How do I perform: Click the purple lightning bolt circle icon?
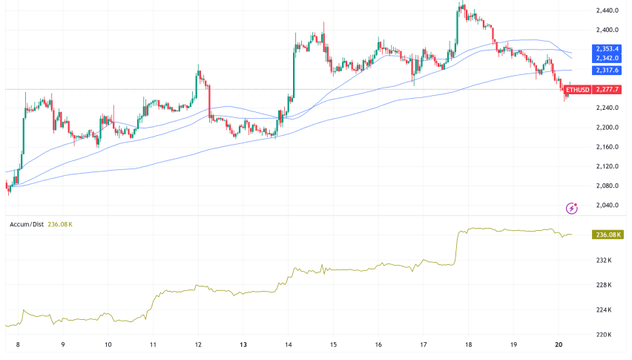click(571, 208)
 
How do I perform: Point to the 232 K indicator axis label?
click(603, 261)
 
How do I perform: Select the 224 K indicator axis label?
click(603, 310)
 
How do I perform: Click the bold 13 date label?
click(243, 345)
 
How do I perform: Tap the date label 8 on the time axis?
click(17, 345)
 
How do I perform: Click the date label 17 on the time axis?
click(424, 345)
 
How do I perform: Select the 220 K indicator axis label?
click(603, 335)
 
